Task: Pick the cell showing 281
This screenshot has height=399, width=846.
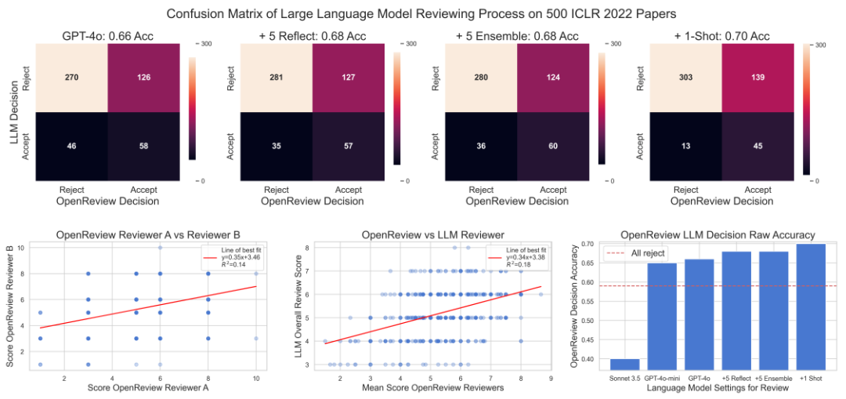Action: coord(277,78)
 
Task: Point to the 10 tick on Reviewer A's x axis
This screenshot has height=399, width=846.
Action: coord(256,379)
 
